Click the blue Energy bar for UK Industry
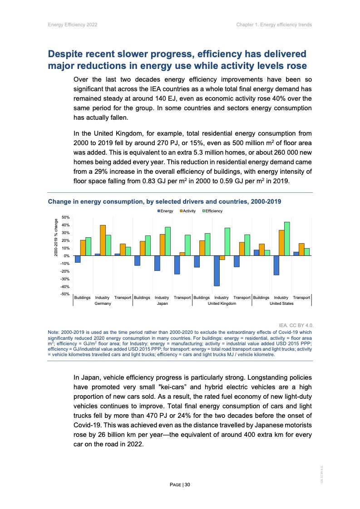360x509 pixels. (x=217, y=271)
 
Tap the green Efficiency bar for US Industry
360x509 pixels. (x=287, y=239)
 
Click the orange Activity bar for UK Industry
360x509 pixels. (x=222, y=258)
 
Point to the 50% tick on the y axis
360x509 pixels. (x=65, y=218)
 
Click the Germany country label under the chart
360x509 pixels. (x=103, y=303)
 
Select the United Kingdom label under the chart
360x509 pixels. (x=222, y=303)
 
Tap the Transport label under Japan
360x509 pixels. (x=182, y=298)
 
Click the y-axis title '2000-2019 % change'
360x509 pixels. (x=56, y=238)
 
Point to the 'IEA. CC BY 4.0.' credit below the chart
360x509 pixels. (x=296, y=325)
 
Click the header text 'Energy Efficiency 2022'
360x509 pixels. (x=72, y=24)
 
